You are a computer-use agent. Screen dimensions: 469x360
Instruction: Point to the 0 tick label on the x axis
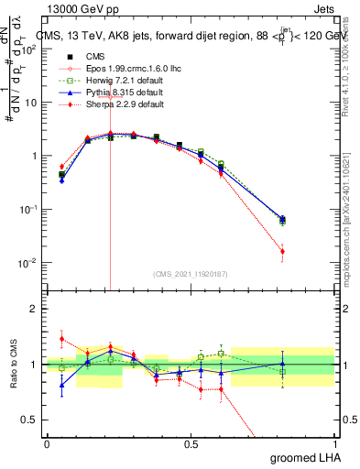pos(47,443)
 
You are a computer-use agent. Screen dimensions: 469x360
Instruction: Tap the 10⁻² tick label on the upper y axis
pos(27,263)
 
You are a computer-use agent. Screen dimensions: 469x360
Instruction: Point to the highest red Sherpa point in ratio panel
pos(61,339)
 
